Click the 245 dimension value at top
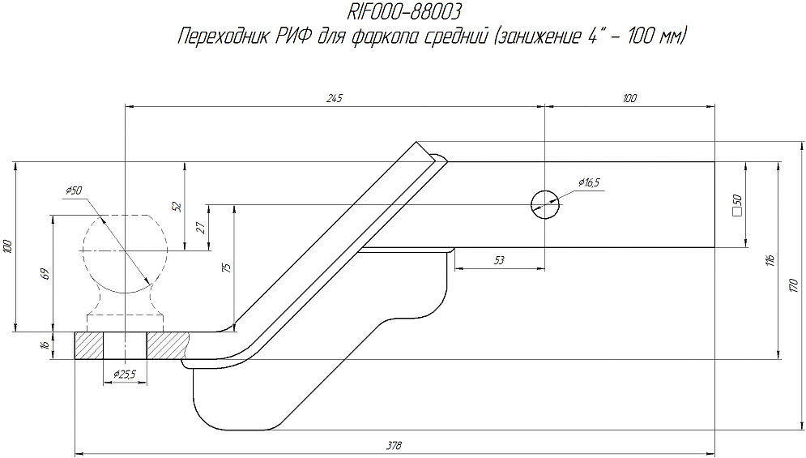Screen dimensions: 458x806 point(335,98)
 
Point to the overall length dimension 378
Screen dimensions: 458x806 point(394,446)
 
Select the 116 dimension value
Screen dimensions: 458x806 point(770,259)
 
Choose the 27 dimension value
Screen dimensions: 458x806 point(201,229)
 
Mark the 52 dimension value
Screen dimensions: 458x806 point(177,207)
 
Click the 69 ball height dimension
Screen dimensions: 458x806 point(45,273)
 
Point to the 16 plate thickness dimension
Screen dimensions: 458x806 point(45,345)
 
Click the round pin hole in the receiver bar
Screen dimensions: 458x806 point(544,204)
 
